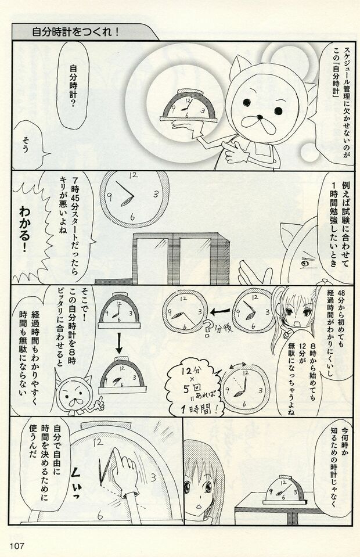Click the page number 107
click(x=16, y=544)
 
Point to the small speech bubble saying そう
click(x=27, y=142)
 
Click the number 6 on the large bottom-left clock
click(x=99, y=515)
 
